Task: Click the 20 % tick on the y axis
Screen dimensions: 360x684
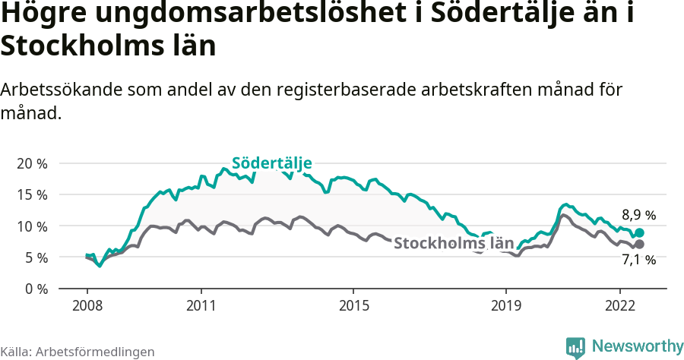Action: [x=32, y=163]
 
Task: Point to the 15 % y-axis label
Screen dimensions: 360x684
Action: [x=32, y=194]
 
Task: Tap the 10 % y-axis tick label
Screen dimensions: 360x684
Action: [x=32, y=226]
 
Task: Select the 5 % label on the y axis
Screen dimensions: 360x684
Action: [x=36, y=257]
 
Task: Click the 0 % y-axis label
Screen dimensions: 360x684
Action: [x=36, y=289]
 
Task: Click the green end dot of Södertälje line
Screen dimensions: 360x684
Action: [x=639, y=233]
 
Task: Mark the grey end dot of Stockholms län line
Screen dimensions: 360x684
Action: [x=639, y=245]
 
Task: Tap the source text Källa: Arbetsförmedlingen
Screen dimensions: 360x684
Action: [x=78, y=352]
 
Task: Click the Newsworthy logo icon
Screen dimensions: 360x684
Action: [x=575, y=347]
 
